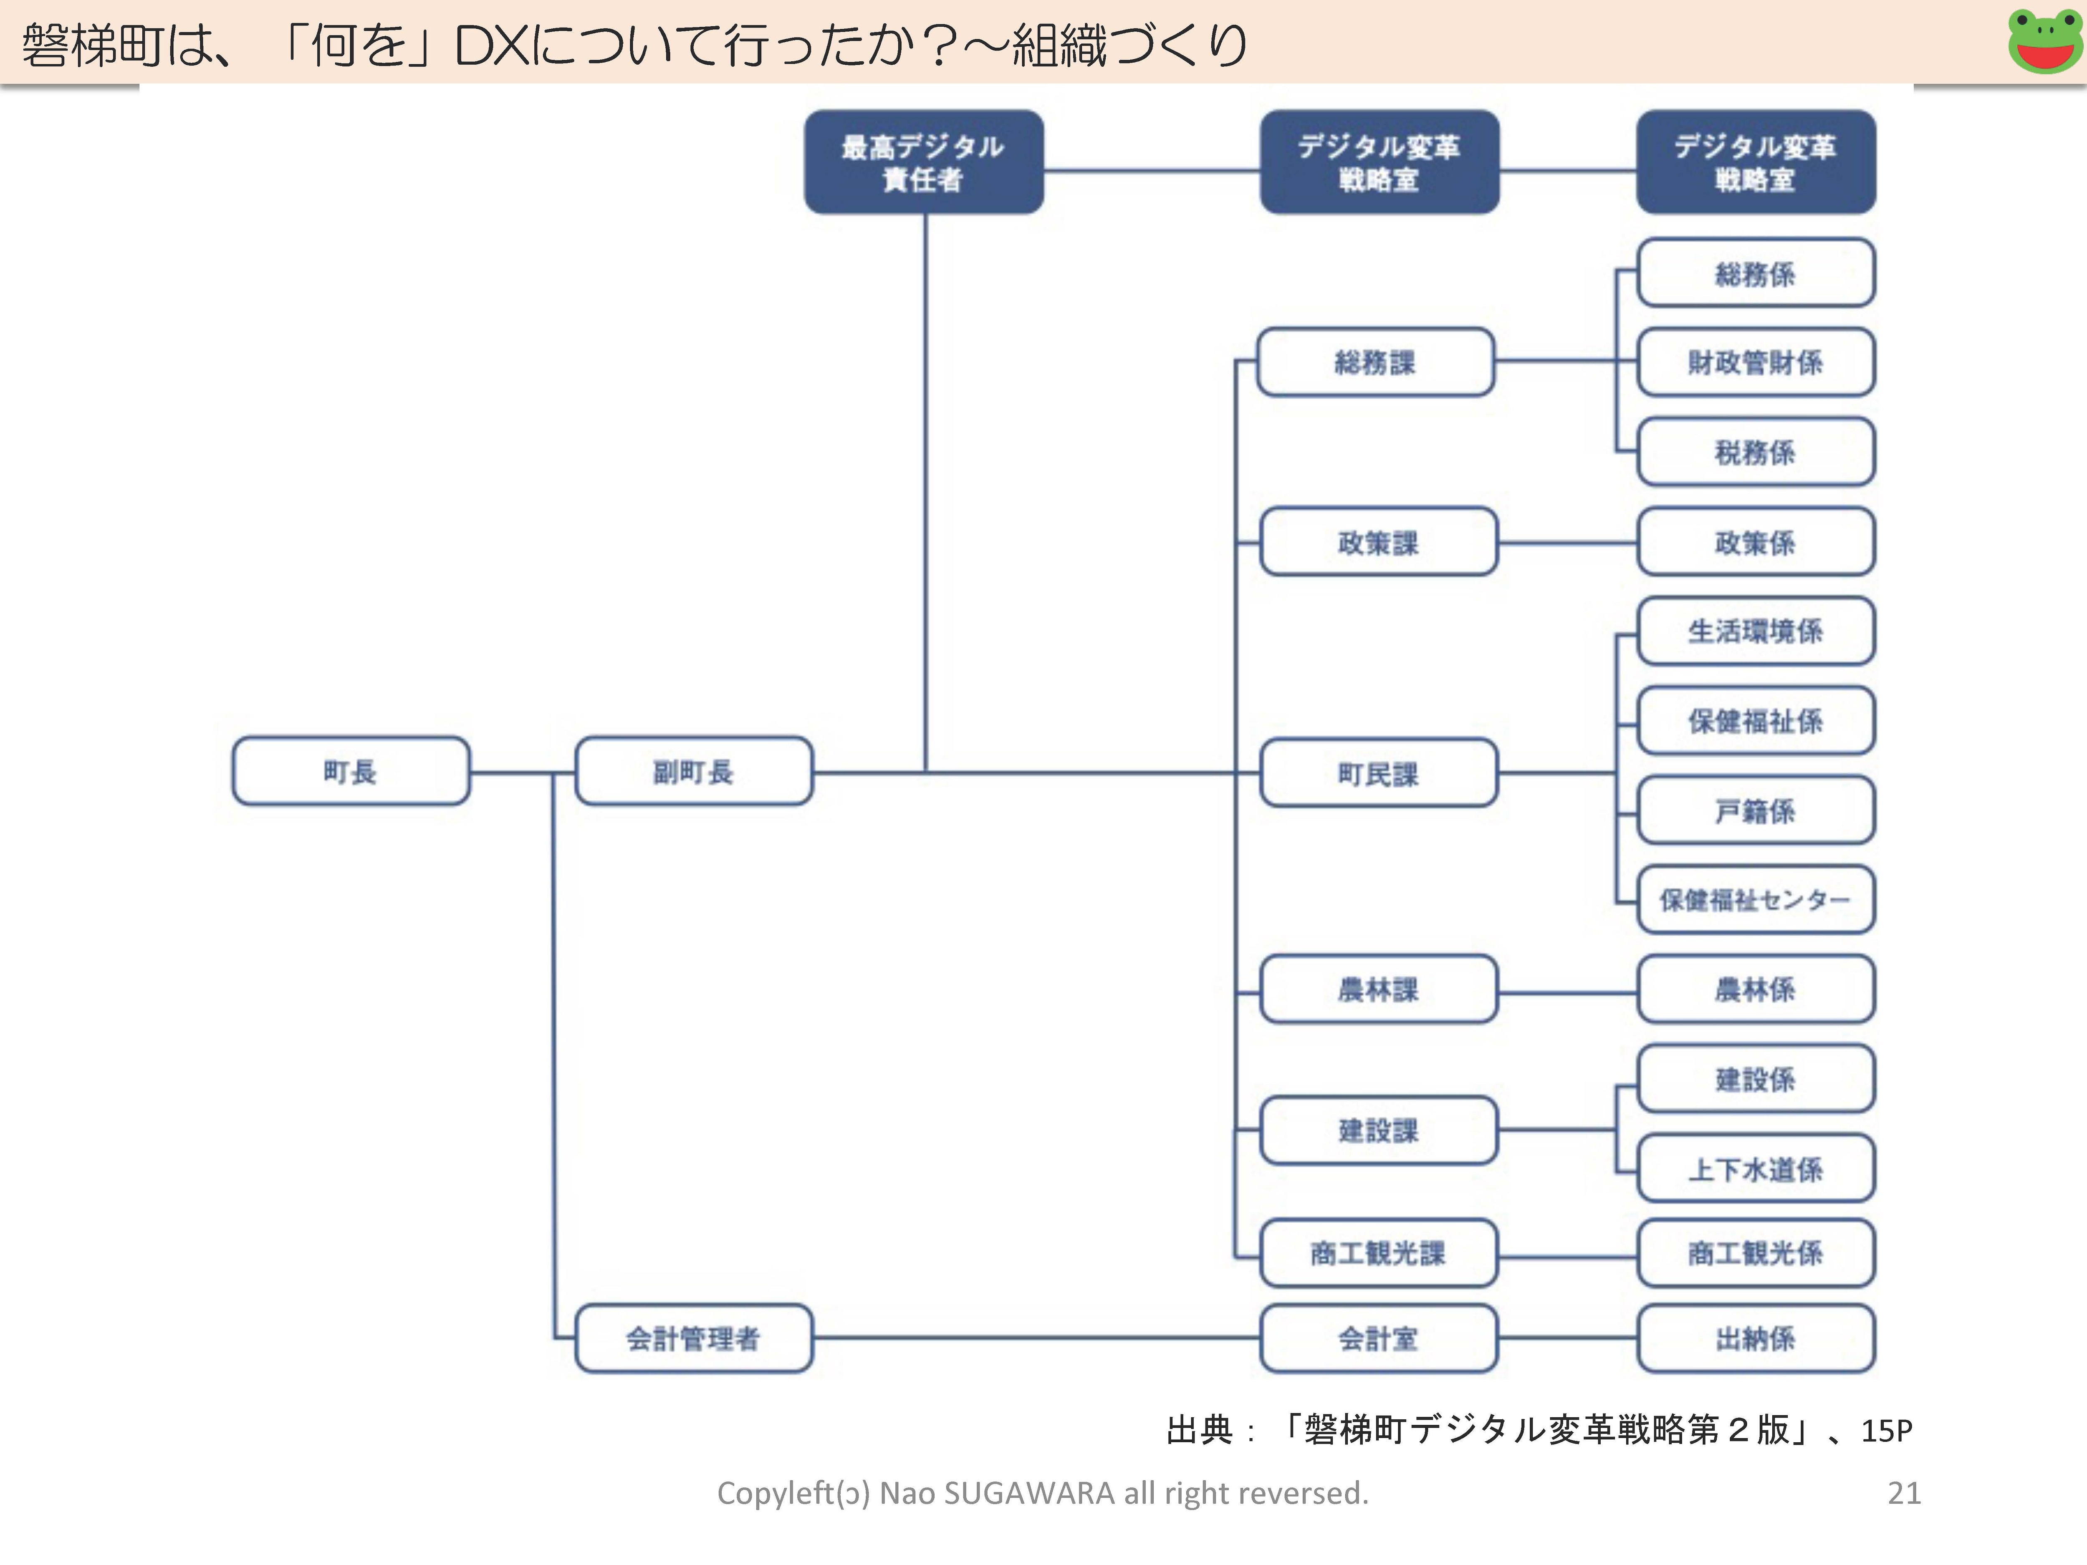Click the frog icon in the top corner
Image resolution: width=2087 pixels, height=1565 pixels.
pos(2044,41)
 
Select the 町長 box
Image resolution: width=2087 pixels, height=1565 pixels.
pos(351,772)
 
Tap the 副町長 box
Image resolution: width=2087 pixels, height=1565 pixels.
pos(693,772)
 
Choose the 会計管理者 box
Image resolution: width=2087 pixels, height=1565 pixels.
pos(693,1338)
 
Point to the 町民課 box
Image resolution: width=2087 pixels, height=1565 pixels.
pos(1378,774)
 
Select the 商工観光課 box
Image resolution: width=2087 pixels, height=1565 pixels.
pos(1378,1253)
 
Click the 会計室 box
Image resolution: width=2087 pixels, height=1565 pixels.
pos(1378,1338)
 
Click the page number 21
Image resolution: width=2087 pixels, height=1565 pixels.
pos(1904,1493)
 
